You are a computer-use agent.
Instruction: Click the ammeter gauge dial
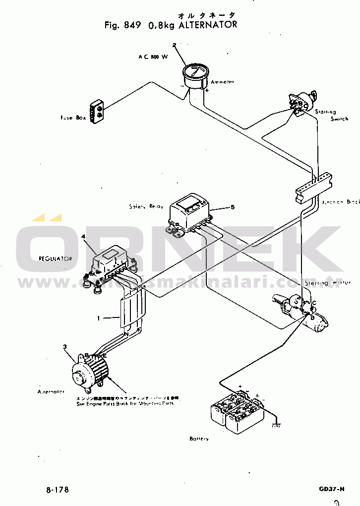pyautogui.click(x=195, y=76)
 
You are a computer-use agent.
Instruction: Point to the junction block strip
pyautogui.click(x=312, y=186)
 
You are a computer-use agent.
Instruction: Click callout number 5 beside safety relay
pyautogui.click(x=232, y=206)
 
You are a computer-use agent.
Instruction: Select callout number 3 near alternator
pyautogui.click(x=64, y=346)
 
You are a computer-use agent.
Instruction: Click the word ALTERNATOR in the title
pyautogui.click(x=207, y=24)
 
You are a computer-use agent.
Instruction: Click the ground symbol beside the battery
pyautogui.click(x=276, y=424)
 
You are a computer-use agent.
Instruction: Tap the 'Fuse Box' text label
pyautogui.click(x=71, y=118)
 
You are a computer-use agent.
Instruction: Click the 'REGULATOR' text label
pyautogui.click(x=56, y=258)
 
